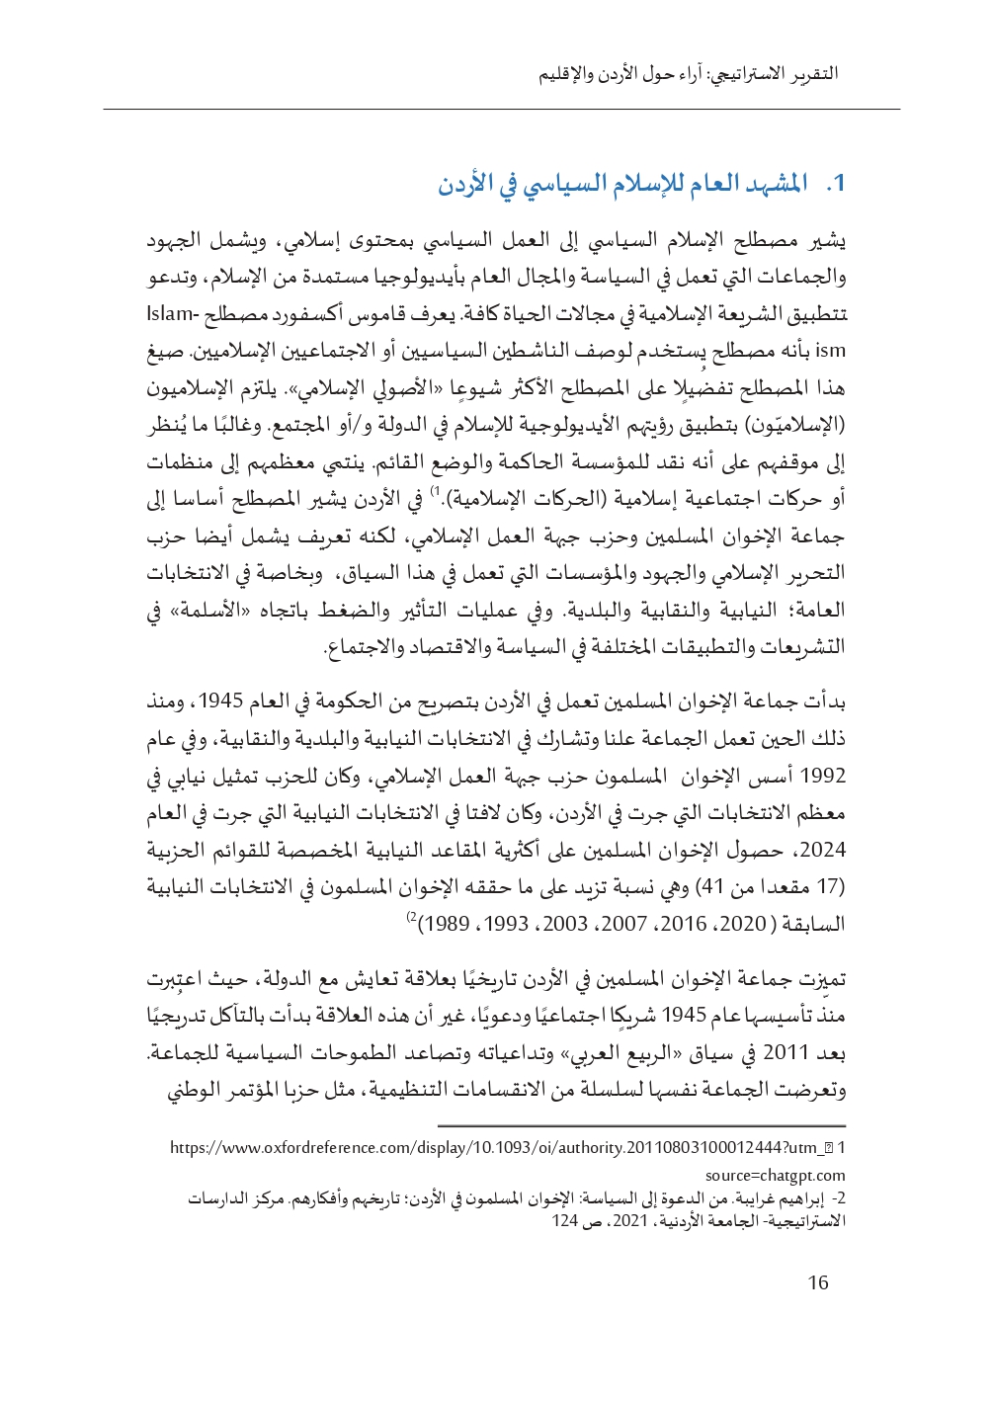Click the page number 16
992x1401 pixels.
point(818,1282)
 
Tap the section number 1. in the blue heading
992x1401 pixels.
point(839,185)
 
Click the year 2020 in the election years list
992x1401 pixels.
point(742,924)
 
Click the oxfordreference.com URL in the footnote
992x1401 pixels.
point(490,1148)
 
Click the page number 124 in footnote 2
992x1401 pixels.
point(565,1221)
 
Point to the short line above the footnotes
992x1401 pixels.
point(641,1125)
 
